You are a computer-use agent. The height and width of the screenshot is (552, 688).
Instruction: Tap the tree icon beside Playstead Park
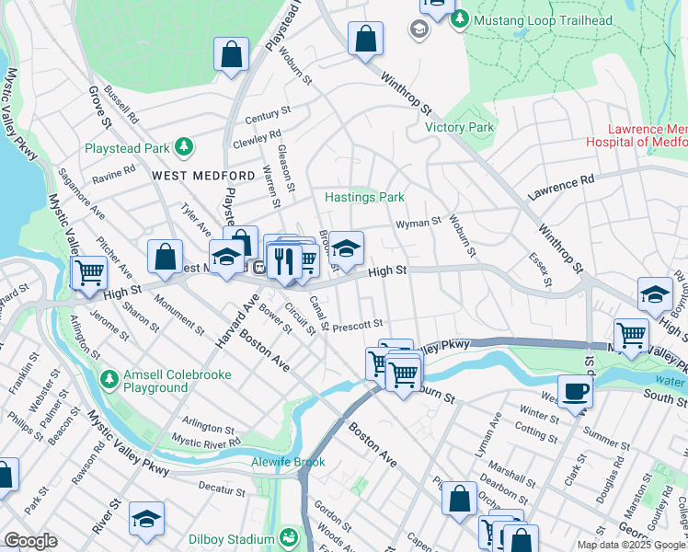click(184, 146)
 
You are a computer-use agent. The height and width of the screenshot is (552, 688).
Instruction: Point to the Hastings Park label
click(364, 197)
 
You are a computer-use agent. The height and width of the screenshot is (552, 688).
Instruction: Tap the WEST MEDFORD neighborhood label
click(190, 175)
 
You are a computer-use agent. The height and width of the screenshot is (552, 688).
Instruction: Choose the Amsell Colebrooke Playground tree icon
click(109, 378)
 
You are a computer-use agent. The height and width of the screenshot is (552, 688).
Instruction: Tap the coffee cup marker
click(575, 391)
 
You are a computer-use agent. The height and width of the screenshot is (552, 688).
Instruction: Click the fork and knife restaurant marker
click(284, 261)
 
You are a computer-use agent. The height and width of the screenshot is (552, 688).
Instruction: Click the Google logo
click(31, 540)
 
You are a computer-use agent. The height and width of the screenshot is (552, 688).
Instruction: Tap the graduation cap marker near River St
click(146, 520)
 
